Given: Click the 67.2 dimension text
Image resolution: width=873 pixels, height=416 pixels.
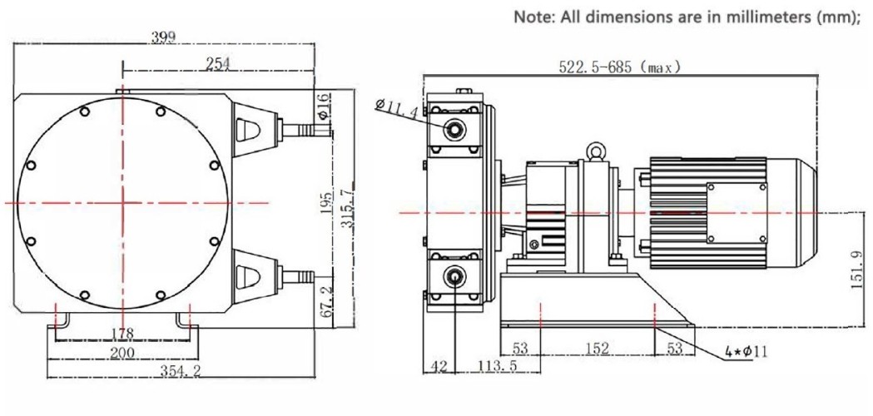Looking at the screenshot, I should [x=328, y=300].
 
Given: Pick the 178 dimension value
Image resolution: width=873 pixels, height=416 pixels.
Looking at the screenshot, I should [x=123, y=334].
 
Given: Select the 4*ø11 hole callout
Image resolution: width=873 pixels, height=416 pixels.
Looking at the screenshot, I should [x=744, y=352].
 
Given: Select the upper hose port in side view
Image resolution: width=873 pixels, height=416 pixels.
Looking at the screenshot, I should [x=454, y=128].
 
